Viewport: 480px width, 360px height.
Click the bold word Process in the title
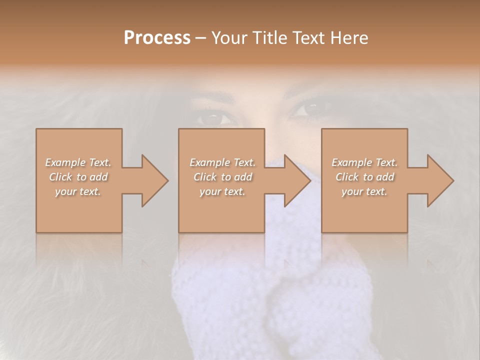(157, 38)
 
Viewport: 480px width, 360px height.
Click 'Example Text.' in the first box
(78, 162)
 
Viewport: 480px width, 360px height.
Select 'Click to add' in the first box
(78, 177)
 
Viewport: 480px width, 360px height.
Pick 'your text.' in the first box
(78, 191)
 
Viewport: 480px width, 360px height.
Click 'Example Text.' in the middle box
(222, 162)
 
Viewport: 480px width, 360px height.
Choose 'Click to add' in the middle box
(222, 177)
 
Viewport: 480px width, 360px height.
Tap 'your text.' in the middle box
(222, 191)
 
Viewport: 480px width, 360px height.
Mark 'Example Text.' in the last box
(364, 162)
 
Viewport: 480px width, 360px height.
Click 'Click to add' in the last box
(364, 177)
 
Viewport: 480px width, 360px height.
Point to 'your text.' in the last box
(364, 191)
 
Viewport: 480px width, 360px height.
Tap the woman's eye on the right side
(311, 107)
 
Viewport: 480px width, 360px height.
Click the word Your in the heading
(228, 38)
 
